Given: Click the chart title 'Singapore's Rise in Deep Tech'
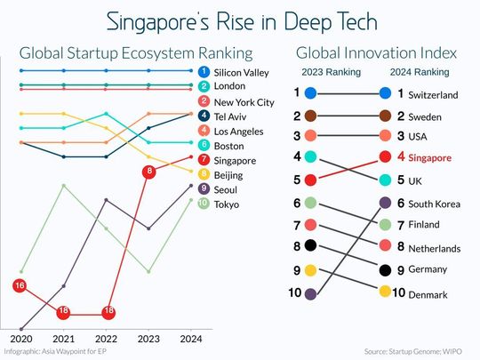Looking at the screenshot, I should click(x=240, y=20).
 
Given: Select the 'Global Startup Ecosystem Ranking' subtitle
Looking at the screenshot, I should click(x=136, y=53).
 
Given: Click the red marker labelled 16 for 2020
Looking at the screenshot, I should click(x=19, y=285).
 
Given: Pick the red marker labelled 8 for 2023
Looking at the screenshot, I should click(x=149, y=170).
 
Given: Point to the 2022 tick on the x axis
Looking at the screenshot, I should click(x=106, y=339).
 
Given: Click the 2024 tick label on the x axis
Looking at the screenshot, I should click(x=192, y=339).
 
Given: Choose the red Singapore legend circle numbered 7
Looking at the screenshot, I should click(x=204, y=161).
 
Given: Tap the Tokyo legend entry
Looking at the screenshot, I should click(x=228, y=205).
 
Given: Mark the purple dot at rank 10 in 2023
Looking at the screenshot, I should click(x=309, y=292).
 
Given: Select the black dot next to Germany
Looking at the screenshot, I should click(x=384, y=269).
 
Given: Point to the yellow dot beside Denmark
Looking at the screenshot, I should click(x=384, y=292).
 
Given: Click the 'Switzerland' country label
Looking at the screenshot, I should click(x=432, y=93).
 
